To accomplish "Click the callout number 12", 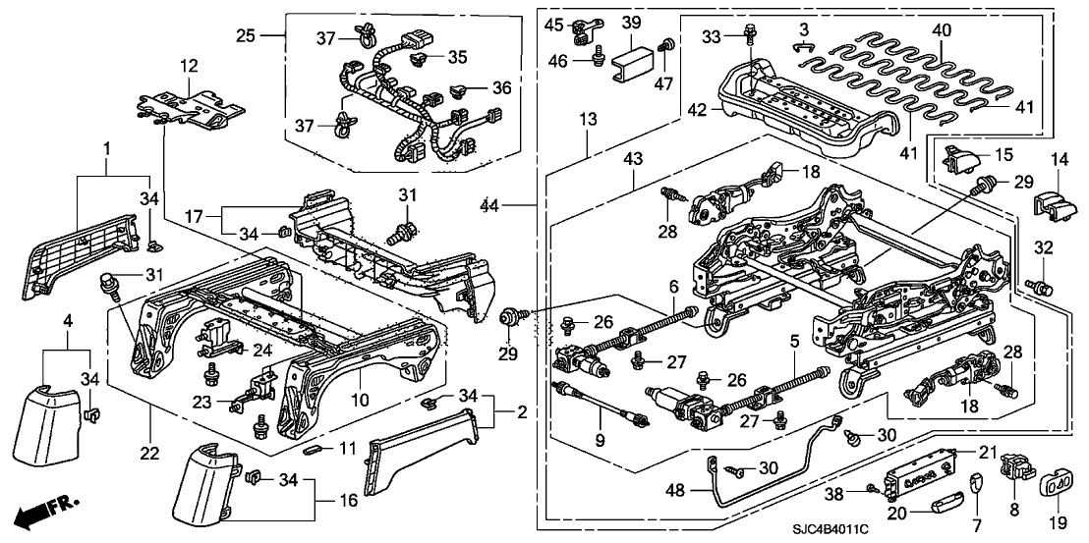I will tap(188, 66).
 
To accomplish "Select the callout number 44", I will tap(488, 206).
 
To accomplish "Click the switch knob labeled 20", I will tap(944, 509).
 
